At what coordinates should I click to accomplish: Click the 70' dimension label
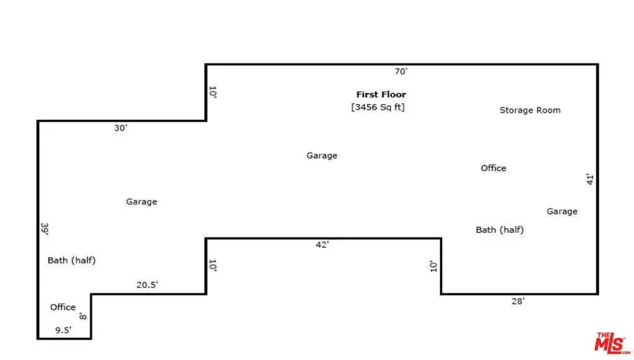click(401, 72)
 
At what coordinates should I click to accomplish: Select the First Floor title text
click(381, 95)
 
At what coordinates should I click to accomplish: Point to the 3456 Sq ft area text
click(378, 107)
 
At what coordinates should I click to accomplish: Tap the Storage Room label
click(530, 110)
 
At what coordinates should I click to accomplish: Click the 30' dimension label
click(120, 128)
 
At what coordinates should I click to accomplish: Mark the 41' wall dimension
click(590, 179)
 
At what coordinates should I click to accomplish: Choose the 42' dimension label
click(322, 245)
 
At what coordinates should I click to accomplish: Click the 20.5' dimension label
click(147, 285)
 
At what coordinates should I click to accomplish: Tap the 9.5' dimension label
click(63, 330)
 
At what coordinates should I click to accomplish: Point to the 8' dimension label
click(84, 316)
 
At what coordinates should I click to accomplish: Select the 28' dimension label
click(518, 301)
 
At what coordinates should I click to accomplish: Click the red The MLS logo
click(612, 343)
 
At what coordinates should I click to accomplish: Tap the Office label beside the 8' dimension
click(63, 307)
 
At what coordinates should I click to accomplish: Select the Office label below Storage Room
click(493, 168)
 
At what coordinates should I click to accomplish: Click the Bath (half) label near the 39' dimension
click(72, 260)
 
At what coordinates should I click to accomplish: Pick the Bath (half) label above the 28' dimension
click(500, 230)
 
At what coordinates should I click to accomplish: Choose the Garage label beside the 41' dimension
click(562, 211)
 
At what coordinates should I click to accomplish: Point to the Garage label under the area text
click(322, 156)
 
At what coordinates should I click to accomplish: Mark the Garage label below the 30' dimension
click(141, 201)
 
